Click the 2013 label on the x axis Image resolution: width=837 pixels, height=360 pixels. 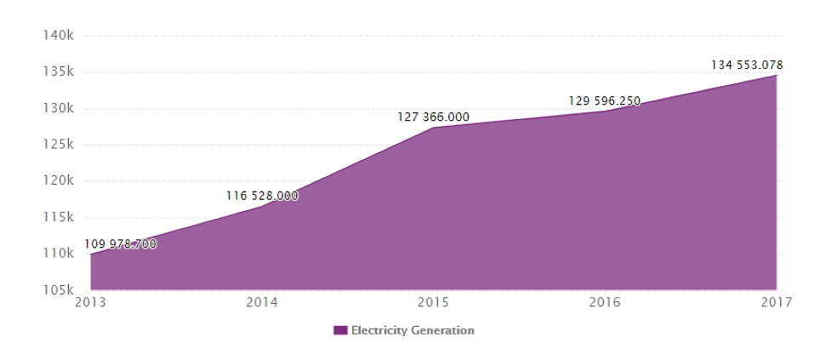[90, 303]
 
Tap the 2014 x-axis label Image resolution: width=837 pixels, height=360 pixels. [262, 303]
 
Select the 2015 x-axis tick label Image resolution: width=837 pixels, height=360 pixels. [434, 303]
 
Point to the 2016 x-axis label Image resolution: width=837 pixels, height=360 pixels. [605, 303]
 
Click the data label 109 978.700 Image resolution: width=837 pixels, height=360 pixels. [121, 245]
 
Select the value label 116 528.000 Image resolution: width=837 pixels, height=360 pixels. [262, 196]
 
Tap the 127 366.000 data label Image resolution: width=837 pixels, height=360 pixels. [434, 117]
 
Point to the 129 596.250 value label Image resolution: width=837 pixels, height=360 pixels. [605, 100]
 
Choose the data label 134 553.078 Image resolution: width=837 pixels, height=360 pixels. [747, 65]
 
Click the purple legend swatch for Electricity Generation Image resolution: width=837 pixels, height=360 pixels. [340, 330]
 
